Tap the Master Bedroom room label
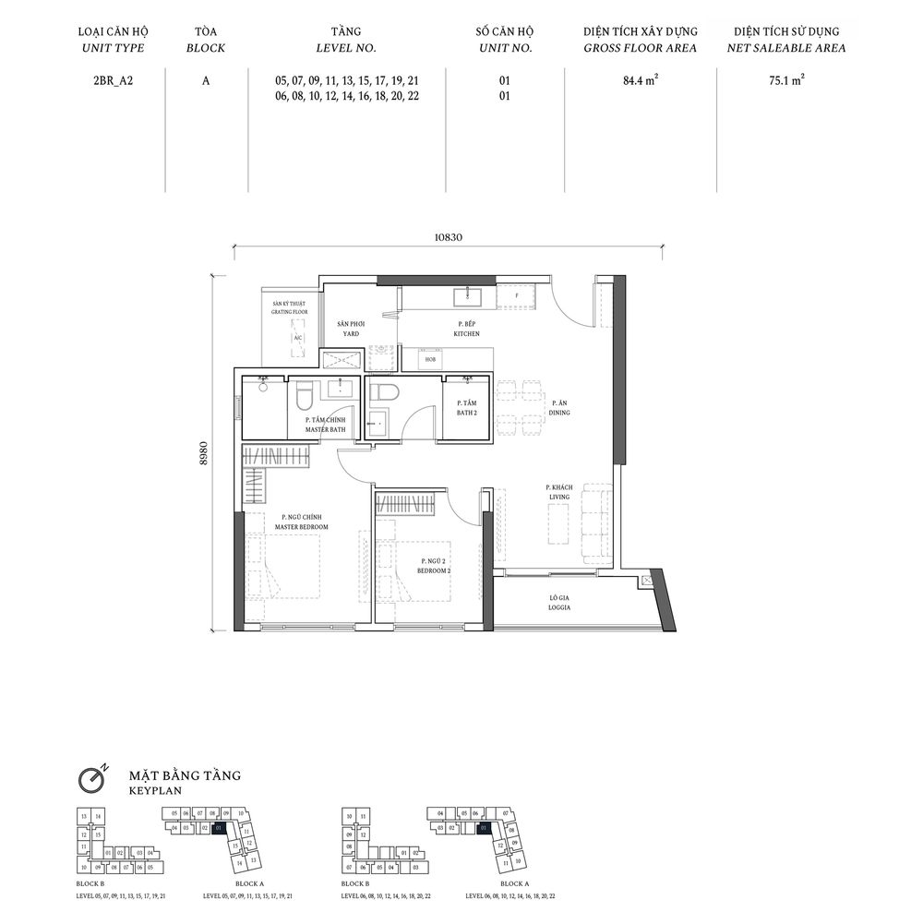point(301,522)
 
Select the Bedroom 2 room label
point(435,566)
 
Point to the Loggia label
point(558,604)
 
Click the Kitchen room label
point(466,329)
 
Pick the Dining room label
point(559,408)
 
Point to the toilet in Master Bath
point(304,398)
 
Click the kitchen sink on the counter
point(469,294)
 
